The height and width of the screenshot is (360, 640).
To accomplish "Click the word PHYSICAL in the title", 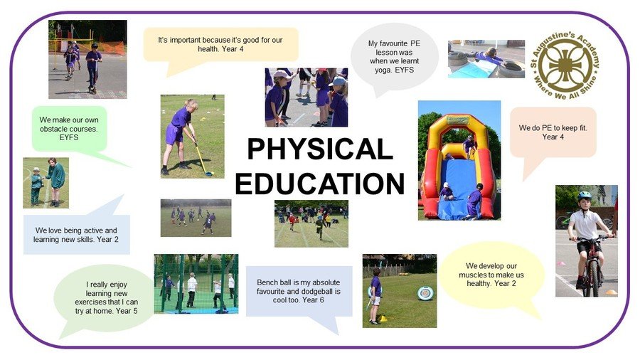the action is pyautogui.click(x=320, y=149).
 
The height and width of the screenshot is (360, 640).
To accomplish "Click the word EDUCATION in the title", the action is pyautogui.click(x=319, y=184).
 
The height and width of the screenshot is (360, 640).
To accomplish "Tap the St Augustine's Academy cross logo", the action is pyautogui.click(x=565, y=65).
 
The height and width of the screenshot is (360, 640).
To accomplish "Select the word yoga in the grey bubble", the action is pyautogui.click(x=384, y=70).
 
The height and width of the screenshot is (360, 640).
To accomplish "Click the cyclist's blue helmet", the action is pyautogui.click(x=584, y=196).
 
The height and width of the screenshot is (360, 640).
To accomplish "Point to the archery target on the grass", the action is pyautogui.click(x=425, y=293).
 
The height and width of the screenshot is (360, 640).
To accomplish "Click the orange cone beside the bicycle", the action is pyautogui.click(x=611, y=292).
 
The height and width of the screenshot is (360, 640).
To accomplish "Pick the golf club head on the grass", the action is pyautogui.click(x=209, y=174).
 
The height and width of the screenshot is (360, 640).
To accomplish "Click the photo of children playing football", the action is pyautogui.click(x=196, y=218).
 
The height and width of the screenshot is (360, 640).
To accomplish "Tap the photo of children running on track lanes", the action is pyautogui.click(x=311, y=223).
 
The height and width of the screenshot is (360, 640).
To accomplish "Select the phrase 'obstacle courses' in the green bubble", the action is pyautogui.click(x=68, y=129).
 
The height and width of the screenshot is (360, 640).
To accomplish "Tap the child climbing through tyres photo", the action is pyautogui.click(x=486, y=59).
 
